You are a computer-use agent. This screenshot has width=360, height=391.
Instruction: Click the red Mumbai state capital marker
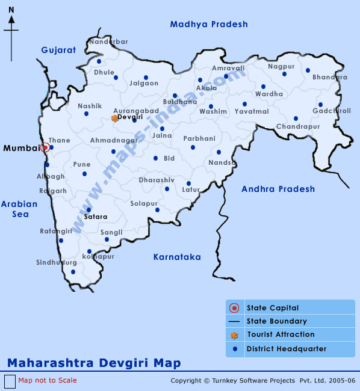pyautogui.click(x=45, y=147)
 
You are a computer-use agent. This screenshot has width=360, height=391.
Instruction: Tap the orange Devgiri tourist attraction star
pyautogui.click(x=114, y=118)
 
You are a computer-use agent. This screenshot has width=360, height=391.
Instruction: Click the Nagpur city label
pyautogui.click(x=281, y=66)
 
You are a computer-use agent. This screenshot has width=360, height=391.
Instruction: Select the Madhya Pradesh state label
pyautogui.click(x=209, y=24)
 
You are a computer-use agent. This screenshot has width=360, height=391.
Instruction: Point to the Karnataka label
pyautogui.click(x=177, y=257)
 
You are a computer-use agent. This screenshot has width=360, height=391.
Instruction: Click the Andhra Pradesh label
pyautogui.click(x=278, y=189)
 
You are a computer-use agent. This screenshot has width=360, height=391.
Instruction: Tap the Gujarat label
pyautogui.click(x=58, y=50)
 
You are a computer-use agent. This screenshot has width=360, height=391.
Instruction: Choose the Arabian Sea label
pyautogui.click(x=19, y=209)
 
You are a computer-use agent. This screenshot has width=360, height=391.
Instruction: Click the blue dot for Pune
pyautogui.click(x=84, y=174)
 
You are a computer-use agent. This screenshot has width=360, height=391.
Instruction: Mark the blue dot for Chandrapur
pyautogui.click(x=296, y=119)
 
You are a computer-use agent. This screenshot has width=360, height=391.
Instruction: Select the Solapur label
pyautogui.click(x=144, y=203)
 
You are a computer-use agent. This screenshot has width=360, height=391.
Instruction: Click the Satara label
pyautogui.click(x=96, y=217)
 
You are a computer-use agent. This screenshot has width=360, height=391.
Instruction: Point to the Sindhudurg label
pyautogui.click(x=57, y=262)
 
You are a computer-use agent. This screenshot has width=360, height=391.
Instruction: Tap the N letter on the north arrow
pyautogui.click(x=11, y=10)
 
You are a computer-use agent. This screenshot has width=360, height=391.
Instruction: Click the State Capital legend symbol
pyautogui.click(x=235, y=308)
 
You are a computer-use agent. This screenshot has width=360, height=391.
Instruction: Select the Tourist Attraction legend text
pyautogui.click(x=281, y=334)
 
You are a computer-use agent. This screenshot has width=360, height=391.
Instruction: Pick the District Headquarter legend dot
pyautogui.click(x=235, y=349)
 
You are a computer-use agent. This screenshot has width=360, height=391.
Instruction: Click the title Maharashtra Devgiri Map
pyautogui.click(x=94, y=363)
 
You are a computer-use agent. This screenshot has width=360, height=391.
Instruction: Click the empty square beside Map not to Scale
pyautogui.click(x=10, y=381)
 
